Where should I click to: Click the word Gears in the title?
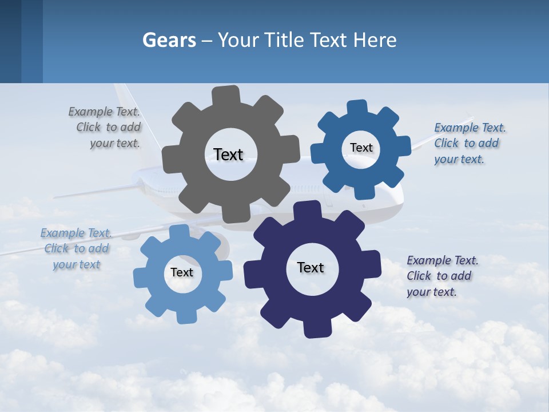169,40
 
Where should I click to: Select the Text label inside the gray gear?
228,154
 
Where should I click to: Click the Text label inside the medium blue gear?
361,148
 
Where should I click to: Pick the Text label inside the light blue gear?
181,272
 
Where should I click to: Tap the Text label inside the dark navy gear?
311,267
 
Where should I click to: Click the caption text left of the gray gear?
108,128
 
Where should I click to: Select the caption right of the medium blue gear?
469,143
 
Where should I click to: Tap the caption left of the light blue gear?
76,248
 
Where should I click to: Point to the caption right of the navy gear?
442,276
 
